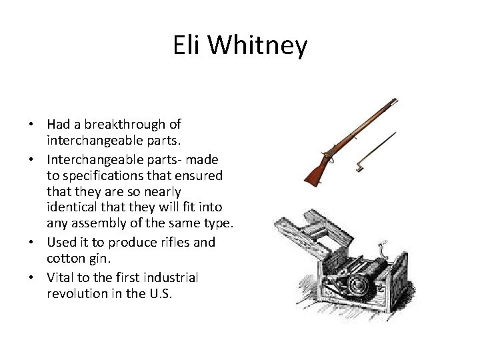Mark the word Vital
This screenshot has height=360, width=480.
[61, 277]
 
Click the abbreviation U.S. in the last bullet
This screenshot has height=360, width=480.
[159, 293]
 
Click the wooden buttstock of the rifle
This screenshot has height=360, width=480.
[315, 171]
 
